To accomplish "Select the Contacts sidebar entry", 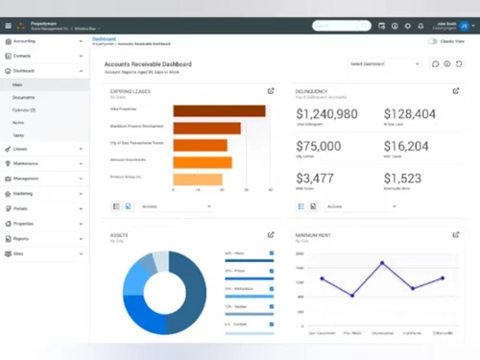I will coord(24,57).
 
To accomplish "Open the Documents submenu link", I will coord(24,97).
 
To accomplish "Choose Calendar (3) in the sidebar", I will coord(26,109).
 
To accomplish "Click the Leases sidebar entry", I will coord(21,150).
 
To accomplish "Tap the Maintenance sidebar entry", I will coord(27,164).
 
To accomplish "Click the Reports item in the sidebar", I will coord(21,238).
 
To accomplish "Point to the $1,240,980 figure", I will coord(327,114).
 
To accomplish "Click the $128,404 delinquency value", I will coord(409,114).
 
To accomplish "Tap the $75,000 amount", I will coord(319,146).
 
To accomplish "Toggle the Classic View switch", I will coord(433,41).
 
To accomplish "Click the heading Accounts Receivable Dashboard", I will coord(147,63).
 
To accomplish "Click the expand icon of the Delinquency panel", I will coord(454,91).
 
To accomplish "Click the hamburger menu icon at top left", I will coord(8,25).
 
